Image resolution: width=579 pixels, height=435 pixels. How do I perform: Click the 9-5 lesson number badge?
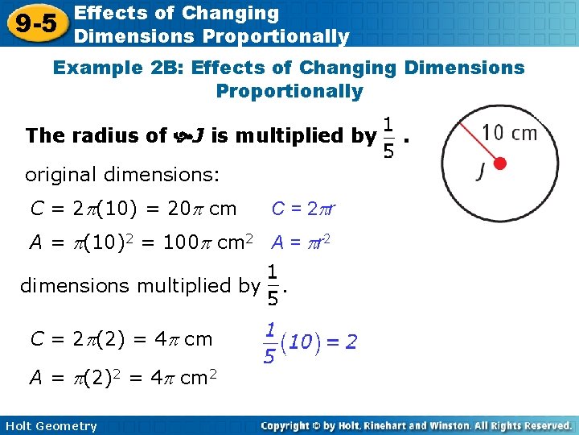[35, 23]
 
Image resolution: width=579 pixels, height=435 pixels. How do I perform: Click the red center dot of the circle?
[499, 164]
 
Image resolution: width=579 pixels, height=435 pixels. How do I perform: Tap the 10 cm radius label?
[510, 133]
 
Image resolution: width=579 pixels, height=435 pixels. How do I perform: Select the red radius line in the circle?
[480, 144]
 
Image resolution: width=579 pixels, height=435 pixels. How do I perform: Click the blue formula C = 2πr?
[302, 209]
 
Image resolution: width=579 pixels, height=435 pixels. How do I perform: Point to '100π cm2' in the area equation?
[208, 242]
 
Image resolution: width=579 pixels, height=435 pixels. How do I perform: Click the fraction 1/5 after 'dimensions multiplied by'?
[273, 285]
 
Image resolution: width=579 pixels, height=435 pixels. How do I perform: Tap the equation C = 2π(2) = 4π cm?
[121, 339]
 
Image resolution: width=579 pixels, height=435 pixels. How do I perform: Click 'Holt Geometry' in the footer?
[50, 426]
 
